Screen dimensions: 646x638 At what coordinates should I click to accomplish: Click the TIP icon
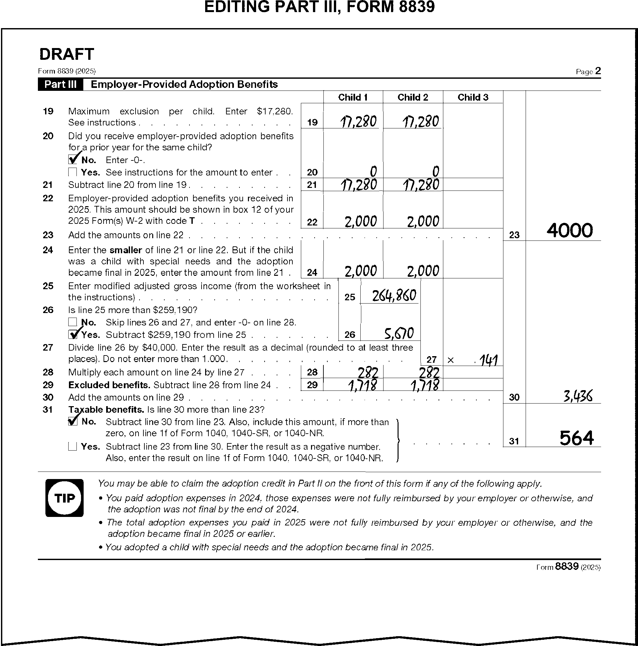click(x=64, y=498)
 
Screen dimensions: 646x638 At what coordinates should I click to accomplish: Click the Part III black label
click(x=60, y=84)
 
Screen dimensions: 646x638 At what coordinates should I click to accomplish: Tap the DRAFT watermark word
click(x=67, y=54)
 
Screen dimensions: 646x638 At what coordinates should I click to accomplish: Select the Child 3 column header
click(x=473, y=97)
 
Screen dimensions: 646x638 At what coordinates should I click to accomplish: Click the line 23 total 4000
click(x=569, y=230)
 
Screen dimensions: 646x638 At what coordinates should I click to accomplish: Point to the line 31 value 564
click(x=577, y=438)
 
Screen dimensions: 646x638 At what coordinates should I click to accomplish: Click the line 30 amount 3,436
click(x=578, y=396)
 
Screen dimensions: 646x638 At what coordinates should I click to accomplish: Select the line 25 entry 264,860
click(x=394, y=296)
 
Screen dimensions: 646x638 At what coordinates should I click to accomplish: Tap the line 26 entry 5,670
click(x=399, y=333)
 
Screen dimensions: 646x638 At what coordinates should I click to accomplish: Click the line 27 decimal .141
click(x=488, y=360)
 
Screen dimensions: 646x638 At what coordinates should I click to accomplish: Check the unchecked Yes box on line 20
click(x=73, y=172)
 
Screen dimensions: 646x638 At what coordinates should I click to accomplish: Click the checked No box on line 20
click(x=73, y=159)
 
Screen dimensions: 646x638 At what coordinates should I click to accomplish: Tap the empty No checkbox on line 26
click(x=73, y=322)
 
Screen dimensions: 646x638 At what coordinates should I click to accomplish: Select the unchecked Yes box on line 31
click(x=73, y=446)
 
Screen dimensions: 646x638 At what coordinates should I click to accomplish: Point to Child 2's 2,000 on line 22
click(x=423, y=221)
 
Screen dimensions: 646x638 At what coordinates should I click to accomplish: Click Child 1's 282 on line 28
click(x=368, y=373)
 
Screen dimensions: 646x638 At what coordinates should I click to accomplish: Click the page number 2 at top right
click(x=598, y=71)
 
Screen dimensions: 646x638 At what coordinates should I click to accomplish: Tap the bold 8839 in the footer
click(x=567, y=566)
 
